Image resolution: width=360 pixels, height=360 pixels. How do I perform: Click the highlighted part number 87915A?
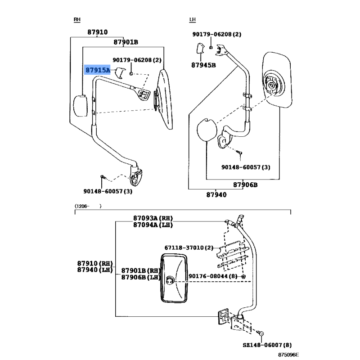click(x=98, y=70)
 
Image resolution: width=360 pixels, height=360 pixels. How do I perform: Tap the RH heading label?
click(x=77, y=19)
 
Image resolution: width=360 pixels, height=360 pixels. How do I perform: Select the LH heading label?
click(x=193, y=19)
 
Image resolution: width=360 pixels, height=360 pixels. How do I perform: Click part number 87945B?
click(x=203, y=65)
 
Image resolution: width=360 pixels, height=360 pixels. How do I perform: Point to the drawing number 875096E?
click(x=288, y=355)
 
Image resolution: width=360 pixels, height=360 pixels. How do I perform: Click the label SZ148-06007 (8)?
click(x=267, y=345)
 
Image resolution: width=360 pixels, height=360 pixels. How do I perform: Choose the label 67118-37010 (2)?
click(x=189, y=248)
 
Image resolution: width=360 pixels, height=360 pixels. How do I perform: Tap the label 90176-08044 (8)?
click(x=213, y=276)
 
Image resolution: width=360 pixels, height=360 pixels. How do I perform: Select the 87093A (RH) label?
click(x=153, y=218)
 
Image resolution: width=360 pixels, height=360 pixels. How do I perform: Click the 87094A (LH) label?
click(x=153, y=225)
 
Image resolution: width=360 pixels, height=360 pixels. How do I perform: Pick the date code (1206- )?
click(x=88, y=206)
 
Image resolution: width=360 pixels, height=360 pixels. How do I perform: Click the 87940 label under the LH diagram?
click(x=216, y=195)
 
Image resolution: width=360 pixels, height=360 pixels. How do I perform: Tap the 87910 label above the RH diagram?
click(x=97, y=32)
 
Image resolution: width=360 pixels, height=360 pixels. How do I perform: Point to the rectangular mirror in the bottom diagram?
click(x=174, y=278)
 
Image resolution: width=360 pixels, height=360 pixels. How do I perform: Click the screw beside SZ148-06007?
click(x=261, y=333)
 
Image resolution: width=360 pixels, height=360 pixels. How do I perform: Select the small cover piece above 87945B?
click(x=200, y=48)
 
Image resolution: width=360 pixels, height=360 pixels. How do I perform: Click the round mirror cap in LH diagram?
click(x=207, y=130)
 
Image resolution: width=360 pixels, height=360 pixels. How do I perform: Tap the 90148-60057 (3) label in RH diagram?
click(x=108, y=191)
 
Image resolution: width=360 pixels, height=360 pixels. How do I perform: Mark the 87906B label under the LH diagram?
click(x=245, y=185)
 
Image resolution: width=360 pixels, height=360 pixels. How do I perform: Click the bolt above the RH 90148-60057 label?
click(x=103, y=177)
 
